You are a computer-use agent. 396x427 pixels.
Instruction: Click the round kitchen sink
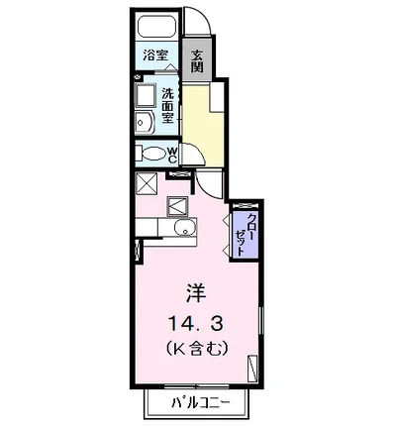[181, 230]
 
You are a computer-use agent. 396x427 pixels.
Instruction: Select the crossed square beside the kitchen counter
[148, 184]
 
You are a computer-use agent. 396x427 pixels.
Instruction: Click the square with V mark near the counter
[178, 205]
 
